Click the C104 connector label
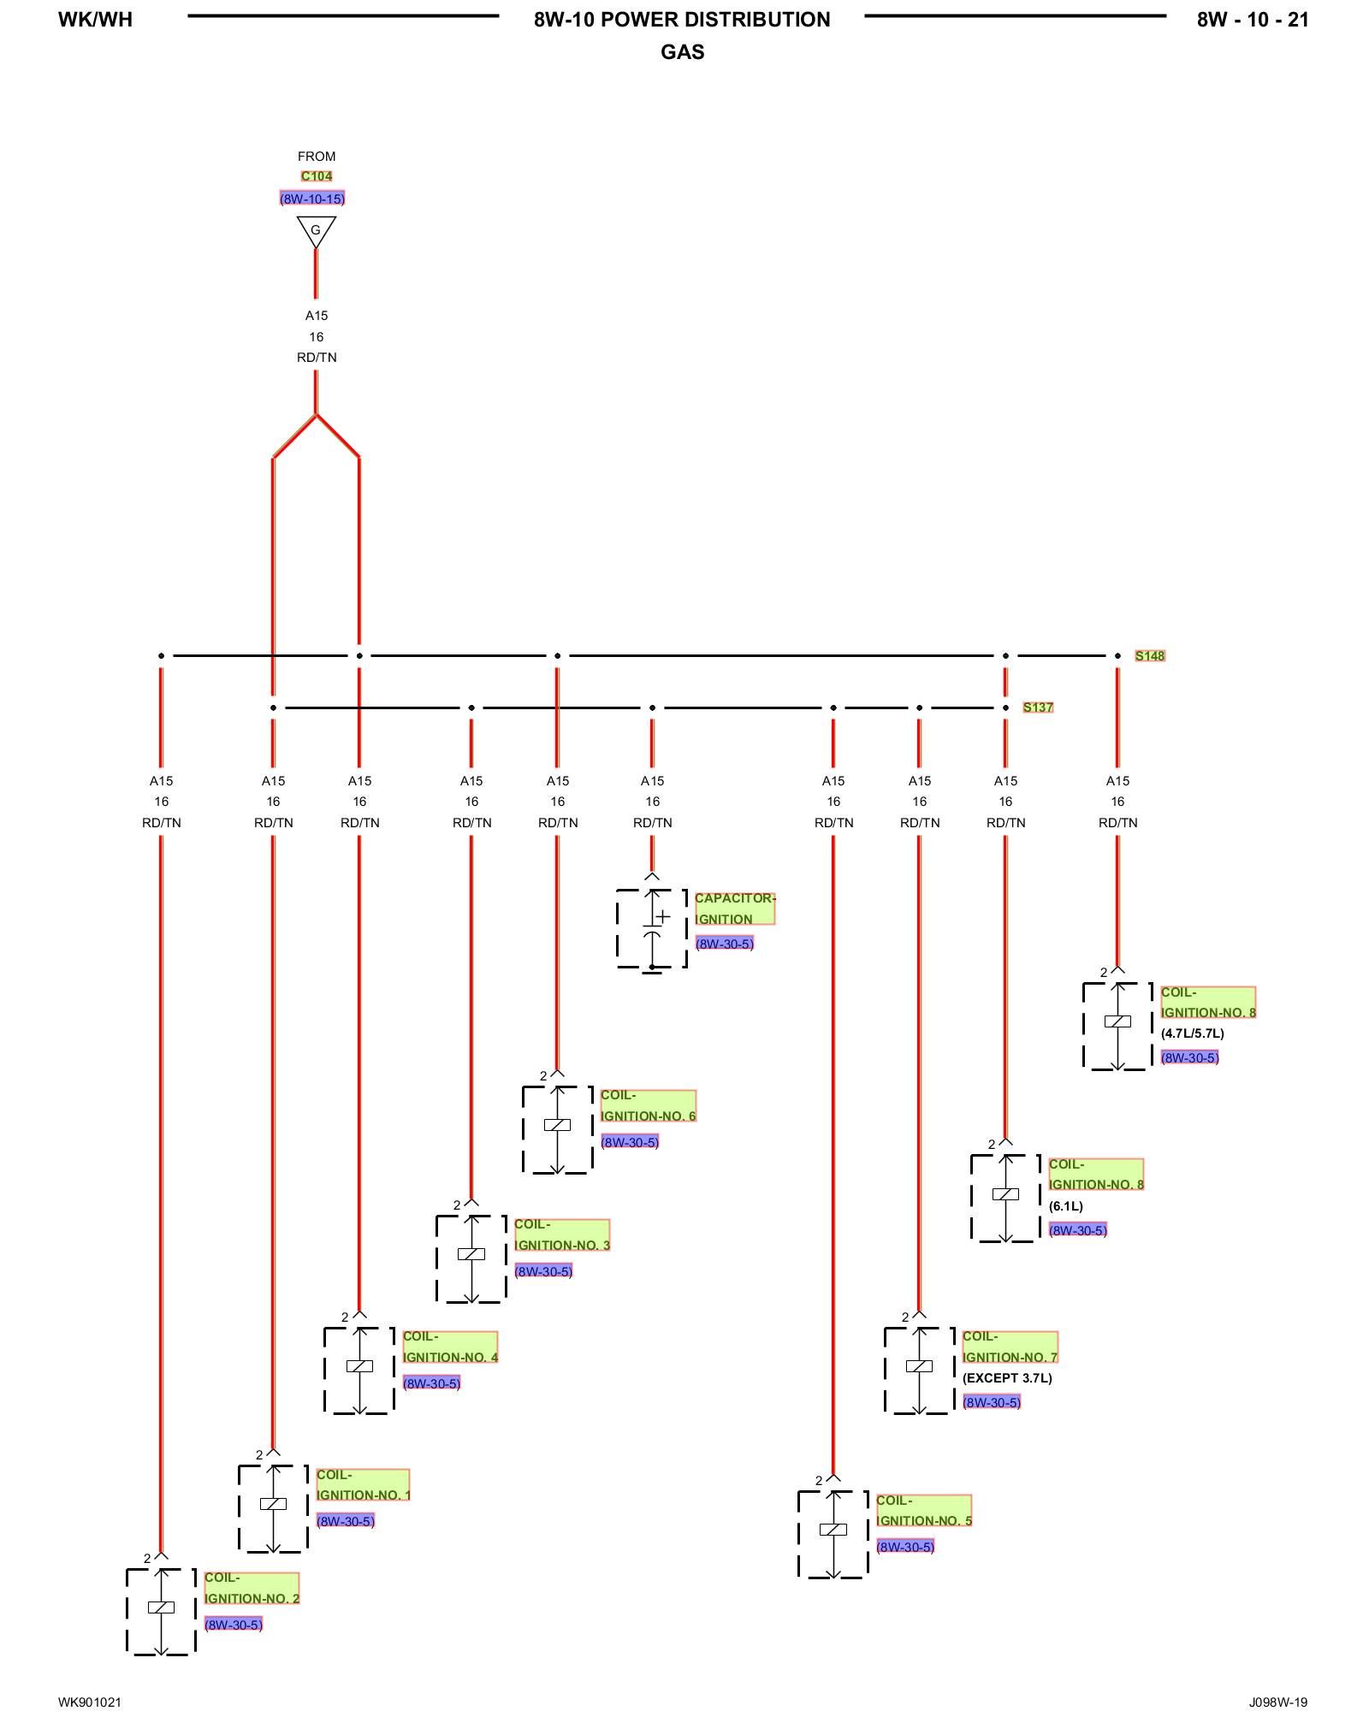(x=316, y=176)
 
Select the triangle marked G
(x=316, y=230)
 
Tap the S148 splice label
(x=1149, y=656)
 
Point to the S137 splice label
(x=1038, y=707)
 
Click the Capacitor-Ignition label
(x=734, y=909)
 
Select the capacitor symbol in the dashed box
(x=652, y=929)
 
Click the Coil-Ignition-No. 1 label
(x=363, y=1485)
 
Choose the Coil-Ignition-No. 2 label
(x=252, y=1589)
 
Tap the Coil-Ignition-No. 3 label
(x=561, y=1235)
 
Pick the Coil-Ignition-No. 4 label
(x=450, y=1347)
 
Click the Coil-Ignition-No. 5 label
(x=923, y=1511)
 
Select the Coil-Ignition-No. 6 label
(x=648, y=1106)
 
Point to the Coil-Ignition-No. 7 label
(x=1010, y=1347)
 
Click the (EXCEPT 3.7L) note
(x=1007, y=1378)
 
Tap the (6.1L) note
(x=1065, y=1206)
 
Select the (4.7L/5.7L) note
(x=1192, y=1033)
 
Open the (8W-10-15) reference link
(x=312, y=198)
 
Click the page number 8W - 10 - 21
(x=1252, y=20)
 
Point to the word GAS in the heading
(x=682, y=52)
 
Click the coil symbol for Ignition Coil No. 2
(x=161, y=1608)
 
